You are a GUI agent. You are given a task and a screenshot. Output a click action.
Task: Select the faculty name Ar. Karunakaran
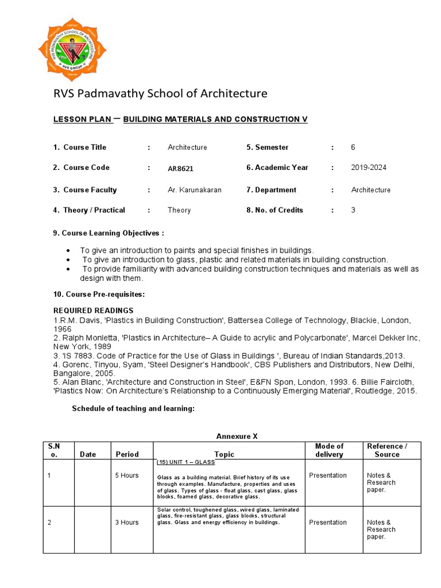point(194,190)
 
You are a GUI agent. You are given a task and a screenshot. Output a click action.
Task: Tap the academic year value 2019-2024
point(369,168)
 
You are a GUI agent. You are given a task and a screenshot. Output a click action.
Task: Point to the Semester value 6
point(353,148)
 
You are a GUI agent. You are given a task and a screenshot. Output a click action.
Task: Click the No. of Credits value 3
point(353,210)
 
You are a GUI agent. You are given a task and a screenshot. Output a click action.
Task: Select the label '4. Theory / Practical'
point(89,210)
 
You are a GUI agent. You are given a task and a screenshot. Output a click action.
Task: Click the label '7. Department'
point(271,190)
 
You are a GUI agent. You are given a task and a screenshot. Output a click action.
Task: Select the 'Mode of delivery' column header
point(329,450)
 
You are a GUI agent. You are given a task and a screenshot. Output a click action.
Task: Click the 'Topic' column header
point(224,454)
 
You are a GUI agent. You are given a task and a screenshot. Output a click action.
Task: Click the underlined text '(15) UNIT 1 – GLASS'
point(185,462)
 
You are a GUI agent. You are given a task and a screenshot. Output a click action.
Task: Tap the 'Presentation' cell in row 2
point(328,523)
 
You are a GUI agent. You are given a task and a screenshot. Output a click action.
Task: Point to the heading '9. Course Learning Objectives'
point(109,233)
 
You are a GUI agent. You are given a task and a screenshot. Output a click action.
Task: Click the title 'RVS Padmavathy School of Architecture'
point(160,93)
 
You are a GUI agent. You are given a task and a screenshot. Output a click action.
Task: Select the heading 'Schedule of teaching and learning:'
point(133,409)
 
